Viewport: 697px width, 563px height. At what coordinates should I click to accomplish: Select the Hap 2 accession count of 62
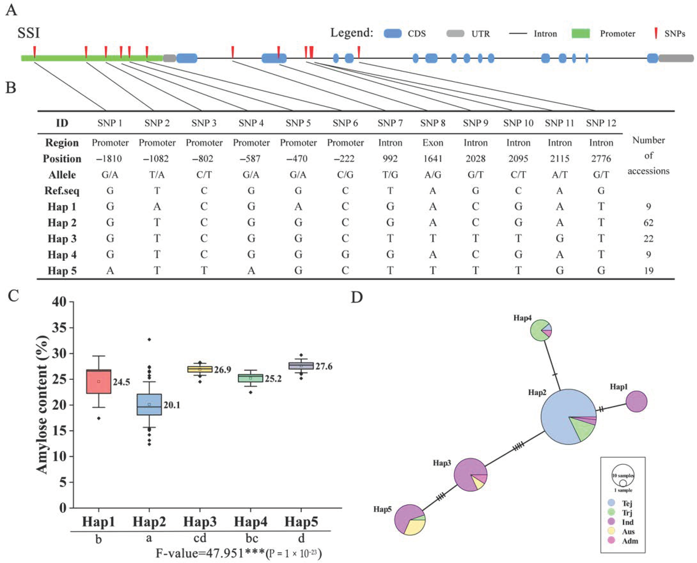coord(648,222)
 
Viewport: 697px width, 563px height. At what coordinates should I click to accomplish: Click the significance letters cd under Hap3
coord(200,538)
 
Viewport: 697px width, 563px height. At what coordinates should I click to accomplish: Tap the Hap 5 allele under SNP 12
coord(601,270)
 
